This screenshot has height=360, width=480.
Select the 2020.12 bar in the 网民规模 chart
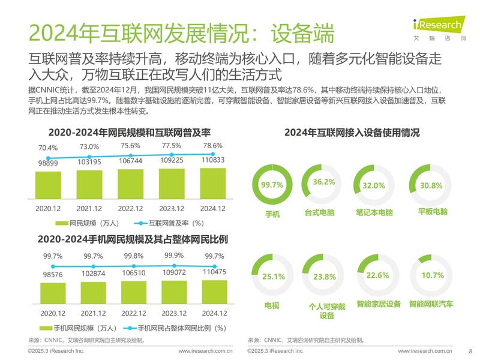(x=48, y=185)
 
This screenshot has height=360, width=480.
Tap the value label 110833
(x=212, y=161)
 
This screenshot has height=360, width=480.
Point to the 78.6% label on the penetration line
(x=213, y=146)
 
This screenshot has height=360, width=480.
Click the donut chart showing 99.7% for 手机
(x=272, y=185)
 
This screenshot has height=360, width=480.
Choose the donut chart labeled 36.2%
(x=323, y=182)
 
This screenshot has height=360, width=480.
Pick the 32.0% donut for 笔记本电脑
(x=374, y=185)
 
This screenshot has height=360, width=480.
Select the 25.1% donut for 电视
(x=272, y=276)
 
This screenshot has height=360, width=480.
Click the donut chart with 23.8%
(x=323, y=277)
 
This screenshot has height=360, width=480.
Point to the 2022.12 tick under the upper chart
(x=130, y=208)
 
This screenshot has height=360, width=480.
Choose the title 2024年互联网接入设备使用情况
(x=352, y=133)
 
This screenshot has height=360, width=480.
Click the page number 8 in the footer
(x=470, y=352)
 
